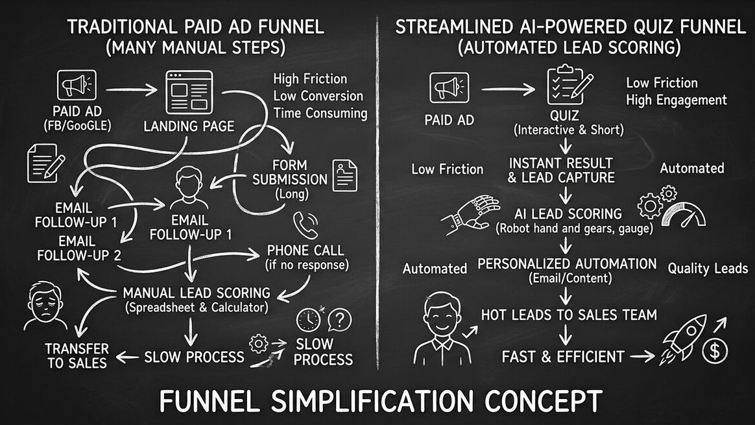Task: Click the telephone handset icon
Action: (x=306, y=225)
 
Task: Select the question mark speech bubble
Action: (x=339, y=319)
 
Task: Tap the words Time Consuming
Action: (x=320, y=113)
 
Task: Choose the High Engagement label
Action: (x=677, y=100)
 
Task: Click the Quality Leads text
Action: (x=708, y=268)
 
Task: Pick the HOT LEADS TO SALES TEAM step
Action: (x=569, y=315)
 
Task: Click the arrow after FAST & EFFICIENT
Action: (x=642, y=356)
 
